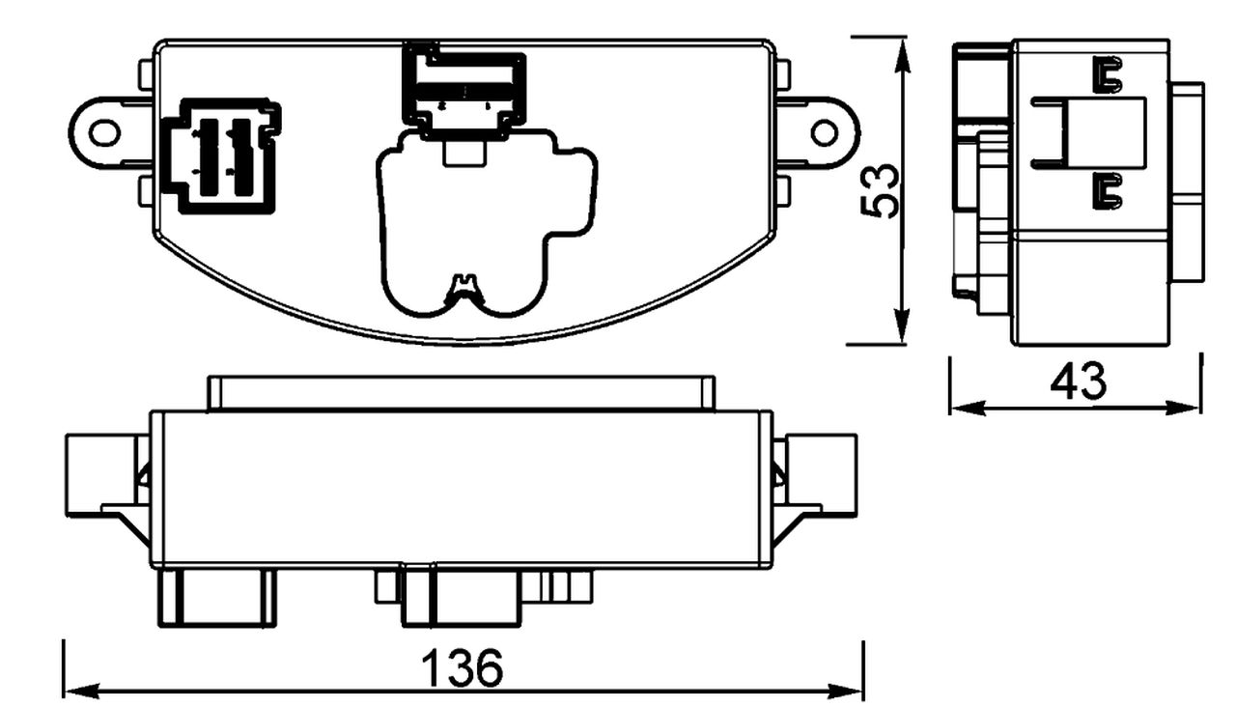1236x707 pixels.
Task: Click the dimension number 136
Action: (x=463, y=668)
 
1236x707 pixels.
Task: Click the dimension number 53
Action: (x=881, y=190)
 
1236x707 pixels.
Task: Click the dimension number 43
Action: (x=1079, y=382)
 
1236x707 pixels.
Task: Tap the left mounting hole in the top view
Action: (x=105, y=131)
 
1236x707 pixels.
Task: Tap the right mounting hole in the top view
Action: (x=824, y=131)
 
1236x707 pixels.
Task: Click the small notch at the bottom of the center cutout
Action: (x=465, y=284)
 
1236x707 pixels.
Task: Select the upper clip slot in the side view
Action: (x=1108, y=75)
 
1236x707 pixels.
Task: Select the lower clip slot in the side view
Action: (x=1108, y=191)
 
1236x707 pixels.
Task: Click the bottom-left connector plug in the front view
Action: (x=217, y=596)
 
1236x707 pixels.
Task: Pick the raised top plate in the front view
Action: (x=462, y=393)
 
